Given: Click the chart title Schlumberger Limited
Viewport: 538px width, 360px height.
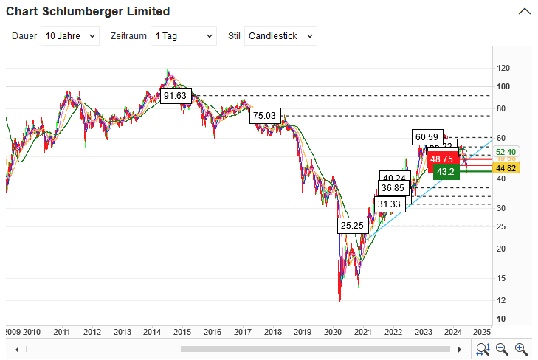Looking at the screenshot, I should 88,11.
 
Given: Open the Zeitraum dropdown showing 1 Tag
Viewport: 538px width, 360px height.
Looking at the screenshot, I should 183,35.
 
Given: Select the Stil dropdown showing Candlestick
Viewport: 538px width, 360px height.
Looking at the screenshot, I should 280,35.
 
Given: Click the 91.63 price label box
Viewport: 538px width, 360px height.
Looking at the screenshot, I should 176,96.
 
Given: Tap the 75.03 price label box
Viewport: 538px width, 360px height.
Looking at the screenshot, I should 264,116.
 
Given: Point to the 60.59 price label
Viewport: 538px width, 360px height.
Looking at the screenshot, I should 427,136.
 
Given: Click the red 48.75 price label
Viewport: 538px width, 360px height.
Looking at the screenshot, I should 442,159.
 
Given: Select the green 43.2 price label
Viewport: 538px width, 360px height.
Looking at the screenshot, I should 446,171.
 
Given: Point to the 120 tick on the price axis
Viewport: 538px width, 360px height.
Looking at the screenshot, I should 503,68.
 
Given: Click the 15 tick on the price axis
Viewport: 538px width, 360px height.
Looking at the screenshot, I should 502,278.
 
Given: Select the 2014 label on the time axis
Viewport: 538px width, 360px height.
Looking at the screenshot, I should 152,332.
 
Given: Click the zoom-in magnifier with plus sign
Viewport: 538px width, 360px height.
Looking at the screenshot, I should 521,349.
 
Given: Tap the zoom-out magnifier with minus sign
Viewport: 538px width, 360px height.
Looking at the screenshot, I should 503,349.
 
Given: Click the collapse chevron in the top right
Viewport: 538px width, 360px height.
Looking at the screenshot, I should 525,11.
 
